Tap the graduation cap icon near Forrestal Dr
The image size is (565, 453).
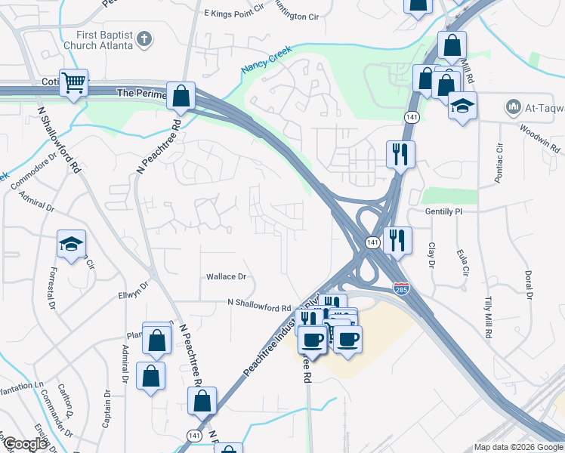click(72, 244)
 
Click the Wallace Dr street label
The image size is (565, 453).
click(227, 277)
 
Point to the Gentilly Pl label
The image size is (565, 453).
click(443, 212)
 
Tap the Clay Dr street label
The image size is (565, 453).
click(432, 255)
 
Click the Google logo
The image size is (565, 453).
click(24, 444)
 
